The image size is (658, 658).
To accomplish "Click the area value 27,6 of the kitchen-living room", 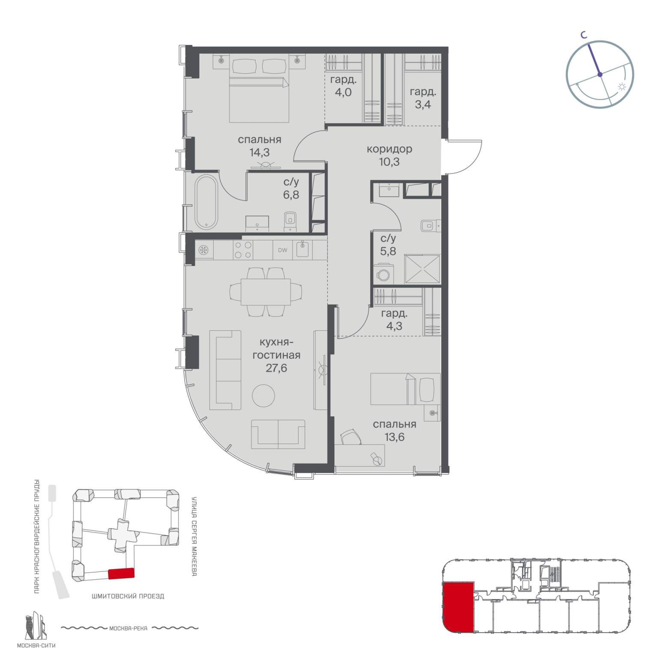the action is point(276,368).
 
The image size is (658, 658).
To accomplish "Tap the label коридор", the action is point(389,149).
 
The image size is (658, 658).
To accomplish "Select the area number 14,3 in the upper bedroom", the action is point(259,152).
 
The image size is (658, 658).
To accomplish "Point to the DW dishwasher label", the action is point(283,250).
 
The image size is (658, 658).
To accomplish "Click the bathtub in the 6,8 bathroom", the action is point(206,202).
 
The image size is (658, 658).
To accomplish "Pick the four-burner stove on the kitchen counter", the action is point(242,250).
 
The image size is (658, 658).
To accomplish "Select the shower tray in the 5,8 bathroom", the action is point(422,269).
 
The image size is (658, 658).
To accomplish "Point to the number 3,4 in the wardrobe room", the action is point(422,104).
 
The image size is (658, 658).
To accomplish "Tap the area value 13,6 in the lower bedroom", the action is point(395,437).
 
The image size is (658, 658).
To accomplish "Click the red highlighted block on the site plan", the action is point(121,574).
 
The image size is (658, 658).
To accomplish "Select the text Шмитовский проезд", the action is point(128,596).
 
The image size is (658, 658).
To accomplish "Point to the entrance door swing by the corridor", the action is point(466,156).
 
